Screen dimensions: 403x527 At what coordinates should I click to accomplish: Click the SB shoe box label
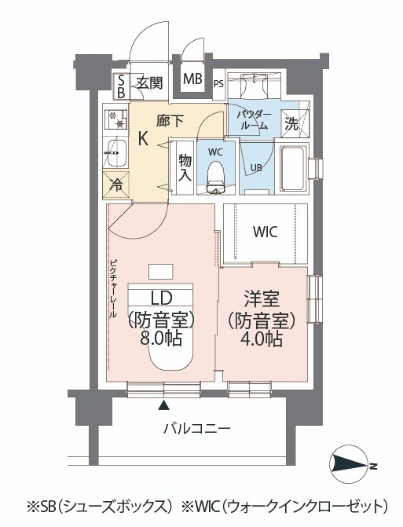(x=121, y=86)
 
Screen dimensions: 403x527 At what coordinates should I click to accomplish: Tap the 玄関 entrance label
(x=150, y=82)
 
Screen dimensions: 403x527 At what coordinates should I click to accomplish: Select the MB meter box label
(x=192, y=79)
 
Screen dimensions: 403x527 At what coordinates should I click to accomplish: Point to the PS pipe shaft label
(x=219, y=84)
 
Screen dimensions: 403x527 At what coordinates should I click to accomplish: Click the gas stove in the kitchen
(x=115, y=119)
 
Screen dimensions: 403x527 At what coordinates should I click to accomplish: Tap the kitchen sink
(x=116, y=153)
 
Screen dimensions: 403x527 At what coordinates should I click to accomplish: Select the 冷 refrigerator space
(x=116, y=185)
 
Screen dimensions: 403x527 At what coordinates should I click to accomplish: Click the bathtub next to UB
(x=294, y=169)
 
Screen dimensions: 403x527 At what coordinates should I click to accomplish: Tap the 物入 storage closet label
(x=185, y=168)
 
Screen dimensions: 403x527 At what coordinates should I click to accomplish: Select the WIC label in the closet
(x=266, y=232)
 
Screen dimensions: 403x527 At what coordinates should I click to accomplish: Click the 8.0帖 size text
(x=161, y=339)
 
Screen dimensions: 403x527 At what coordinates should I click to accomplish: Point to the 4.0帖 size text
(x=261, y=339)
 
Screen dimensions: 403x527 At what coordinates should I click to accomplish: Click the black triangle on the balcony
(x=163, y=405)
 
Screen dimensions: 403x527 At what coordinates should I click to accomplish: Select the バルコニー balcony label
(x=197, y=429)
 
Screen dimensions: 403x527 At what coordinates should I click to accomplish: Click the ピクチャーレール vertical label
(x=113, y=289)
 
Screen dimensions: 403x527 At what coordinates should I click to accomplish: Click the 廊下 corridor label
(x=170, y=121)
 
